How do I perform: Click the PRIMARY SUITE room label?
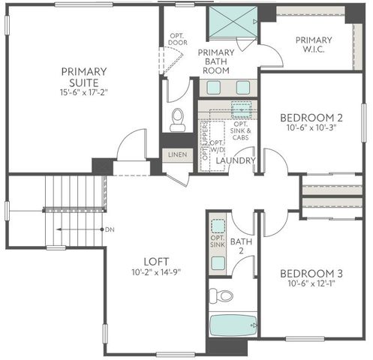[83, 76]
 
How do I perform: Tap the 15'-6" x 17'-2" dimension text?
[83, 93]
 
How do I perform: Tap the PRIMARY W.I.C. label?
[314, 45]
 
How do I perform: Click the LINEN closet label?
[177, 154]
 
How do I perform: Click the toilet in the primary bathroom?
[178, 118]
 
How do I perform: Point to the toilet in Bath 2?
[219, 295]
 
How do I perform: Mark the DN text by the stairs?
[110, 229]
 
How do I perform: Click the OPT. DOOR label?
[178, 39]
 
